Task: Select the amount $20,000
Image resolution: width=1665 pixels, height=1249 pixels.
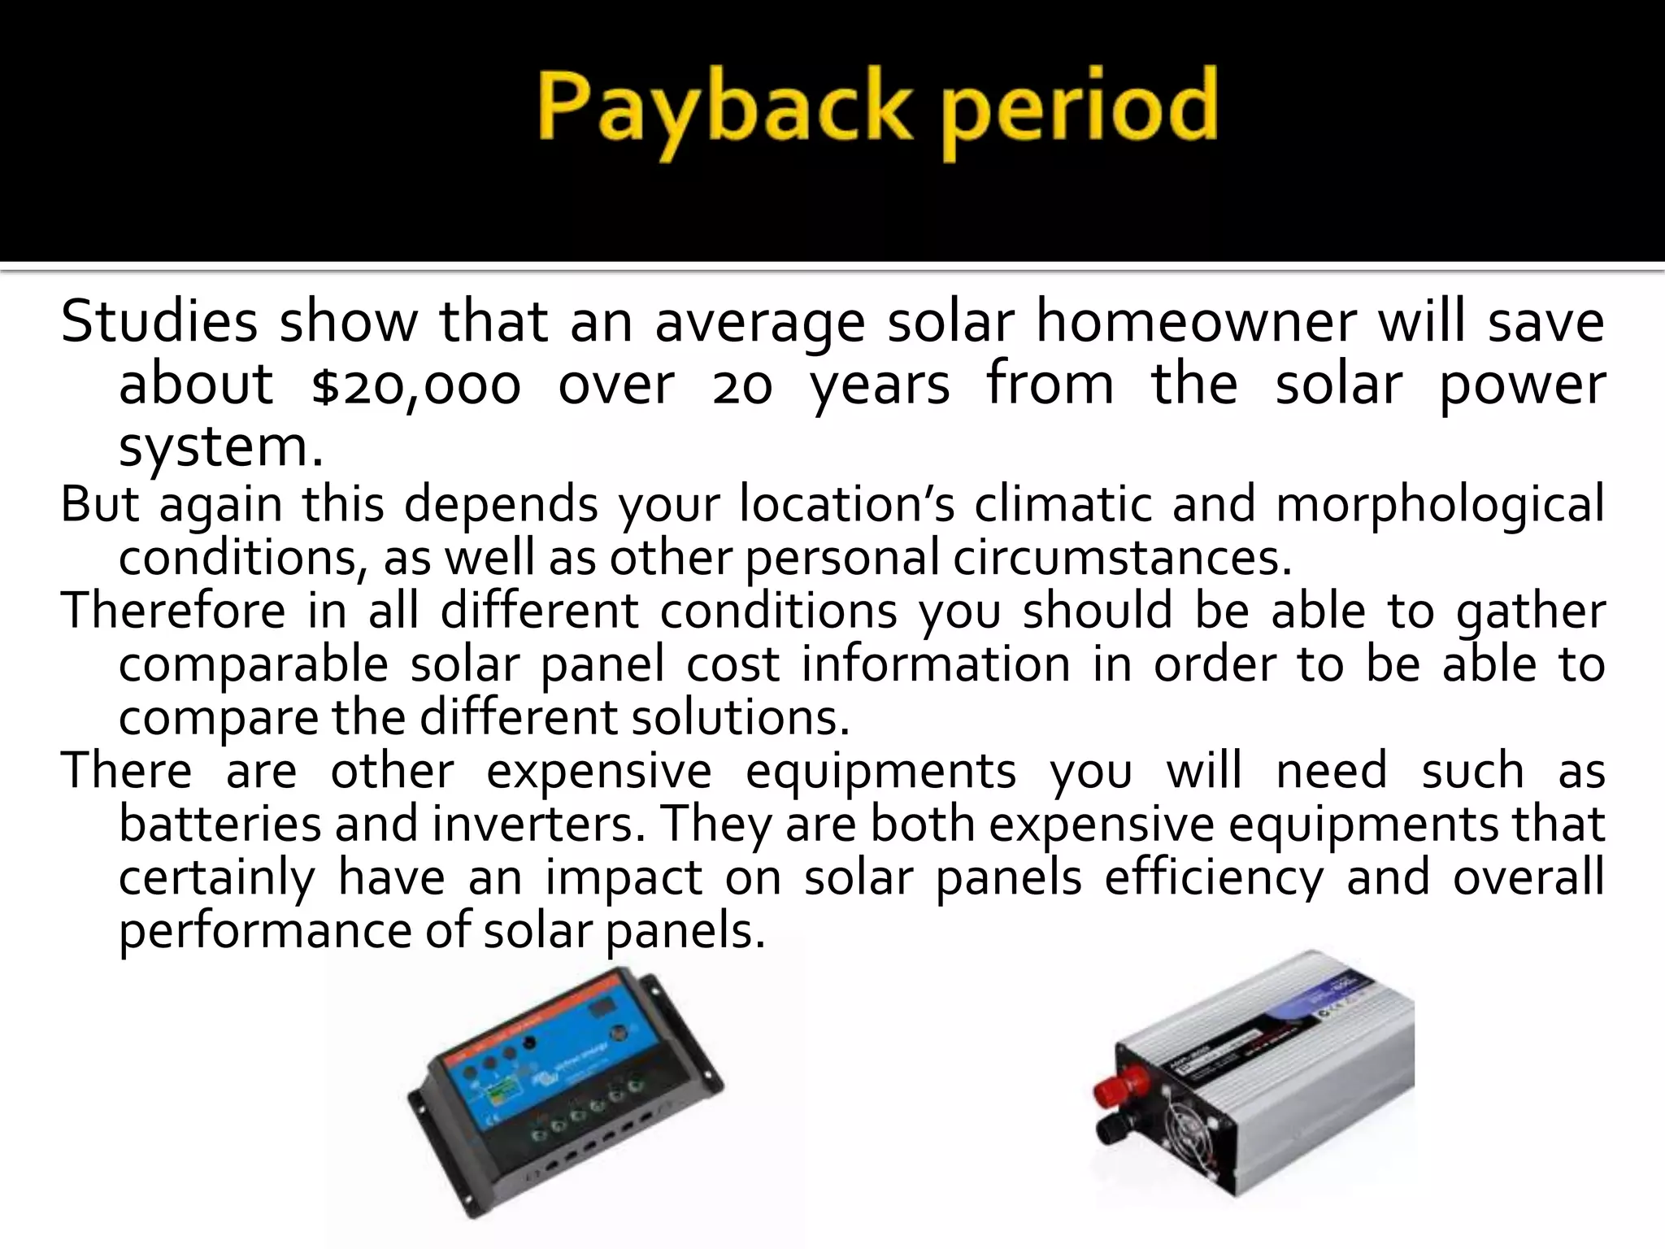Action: click(415, 385)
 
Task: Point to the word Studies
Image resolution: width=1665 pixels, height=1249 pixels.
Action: click(159, 323)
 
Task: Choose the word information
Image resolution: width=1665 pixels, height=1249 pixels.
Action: click(935, 664)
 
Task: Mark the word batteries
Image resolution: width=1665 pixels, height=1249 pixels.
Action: click(220, 824)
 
